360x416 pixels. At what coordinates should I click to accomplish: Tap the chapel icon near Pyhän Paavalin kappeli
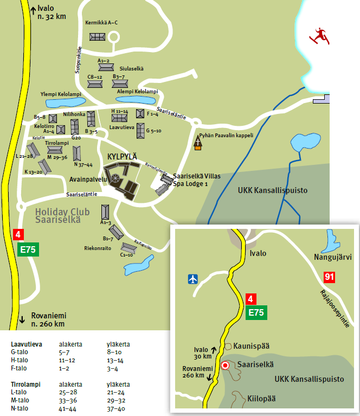coord(198,143)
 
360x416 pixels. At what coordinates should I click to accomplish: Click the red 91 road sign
coord(329,277)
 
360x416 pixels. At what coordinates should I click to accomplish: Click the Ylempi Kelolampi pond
coord(62,102)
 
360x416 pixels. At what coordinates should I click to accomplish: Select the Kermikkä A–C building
coord(98,36)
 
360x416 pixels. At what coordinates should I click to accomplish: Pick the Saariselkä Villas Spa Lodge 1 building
coord(163,184)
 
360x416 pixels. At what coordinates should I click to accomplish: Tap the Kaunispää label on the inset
coord(251,346)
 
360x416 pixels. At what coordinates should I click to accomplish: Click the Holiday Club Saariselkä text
coord(58,216)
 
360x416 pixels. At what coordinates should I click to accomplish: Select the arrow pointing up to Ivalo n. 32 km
coord(33,9)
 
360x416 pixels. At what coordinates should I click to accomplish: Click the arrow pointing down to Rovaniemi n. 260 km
coord(22,319)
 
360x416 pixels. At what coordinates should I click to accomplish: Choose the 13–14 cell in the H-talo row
coord(115,360)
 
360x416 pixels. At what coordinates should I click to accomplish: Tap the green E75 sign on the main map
coord(29,249)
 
